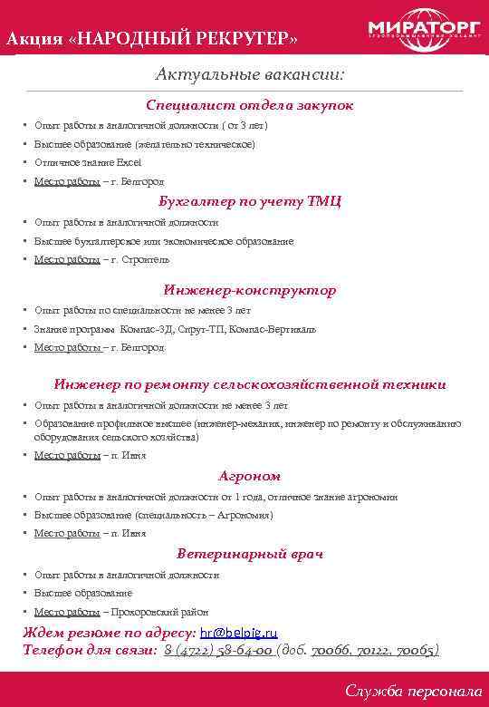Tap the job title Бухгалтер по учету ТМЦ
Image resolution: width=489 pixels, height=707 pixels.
point(250,201)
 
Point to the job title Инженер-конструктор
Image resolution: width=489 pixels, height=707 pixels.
point(250,290)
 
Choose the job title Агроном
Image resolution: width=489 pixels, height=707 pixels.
point(250,476)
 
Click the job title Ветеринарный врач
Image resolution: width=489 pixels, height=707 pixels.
point(250,553)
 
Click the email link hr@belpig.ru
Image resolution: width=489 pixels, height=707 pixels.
point(238,633)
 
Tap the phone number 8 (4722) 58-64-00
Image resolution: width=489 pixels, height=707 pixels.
point(218,650)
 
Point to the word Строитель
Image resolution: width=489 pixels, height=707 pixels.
point(144,260)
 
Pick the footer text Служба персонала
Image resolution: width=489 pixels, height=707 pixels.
point(414,691)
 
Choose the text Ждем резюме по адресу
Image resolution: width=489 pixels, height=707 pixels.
point(109,633)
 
